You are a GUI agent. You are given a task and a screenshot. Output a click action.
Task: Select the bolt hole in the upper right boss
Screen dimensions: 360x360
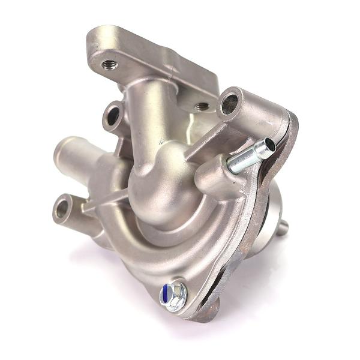click(230, 104)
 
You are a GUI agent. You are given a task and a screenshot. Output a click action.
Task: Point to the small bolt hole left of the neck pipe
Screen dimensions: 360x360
click(113, 116)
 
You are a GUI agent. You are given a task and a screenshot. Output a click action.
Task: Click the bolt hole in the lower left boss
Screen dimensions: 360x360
click(62, 209)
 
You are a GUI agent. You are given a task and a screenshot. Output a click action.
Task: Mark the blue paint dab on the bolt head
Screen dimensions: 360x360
click(165, 294)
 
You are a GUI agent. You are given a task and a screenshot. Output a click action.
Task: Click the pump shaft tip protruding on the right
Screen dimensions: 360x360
click(283, 227)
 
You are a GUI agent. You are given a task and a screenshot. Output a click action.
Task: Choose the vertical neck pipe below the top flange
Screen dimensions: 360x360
click(148, 114)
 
